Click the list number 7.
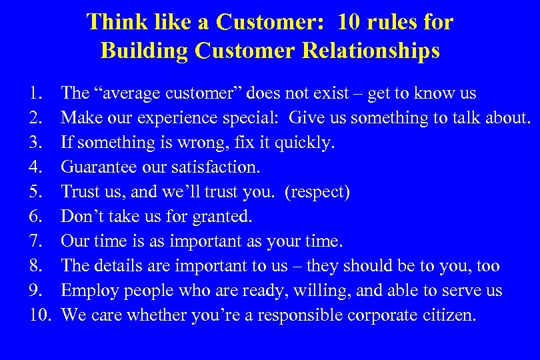pos(36,241)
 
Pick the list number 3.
pos(36,143)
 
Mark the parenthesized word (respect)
pos(317,192)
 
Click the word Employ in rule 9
pos(85,291)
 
